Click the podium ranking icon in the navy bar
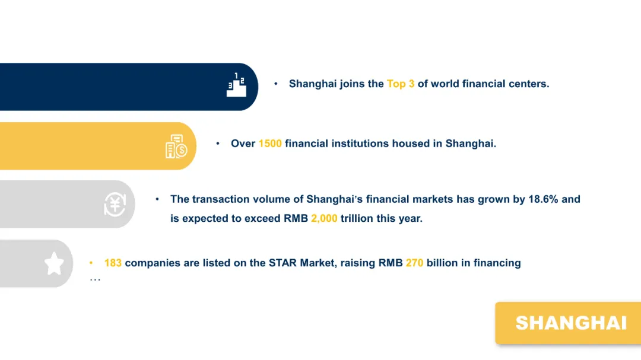point(236,85)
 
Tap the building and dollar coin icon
point(176,146)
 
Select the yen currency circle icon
point(115,204)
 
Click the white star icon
point(54,263)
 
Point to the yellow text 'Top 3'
point(401,84)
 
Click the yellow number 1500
point(270,144)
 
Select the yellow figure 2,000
point(324,218)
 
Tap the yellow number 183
point(113,263)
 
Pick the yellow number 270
point(414,263)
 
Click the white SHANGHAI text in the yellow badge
point(571,323)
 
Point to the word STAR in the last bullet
point(283,263)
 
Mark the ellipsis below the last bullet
point(95,280)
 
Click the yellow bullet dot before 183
point(91,263)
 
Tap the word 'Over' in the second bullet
point(243,144)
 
